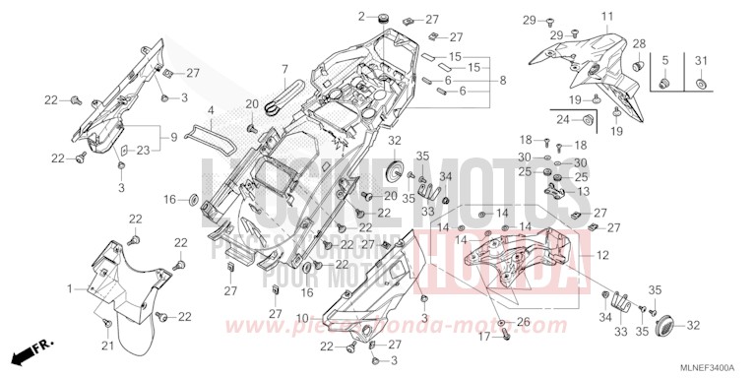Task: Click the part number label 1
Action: tap(70, 288)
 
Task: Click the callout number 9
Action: tap(174, 136)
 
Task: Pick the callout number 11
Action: tap(606, 16)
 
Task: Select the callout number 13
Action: tap(582, 191)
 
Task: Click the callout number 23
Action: tap(143, 151)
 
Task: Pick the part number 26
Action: tap(523, 322)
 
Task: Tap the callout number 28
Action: tap(638, 43)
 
